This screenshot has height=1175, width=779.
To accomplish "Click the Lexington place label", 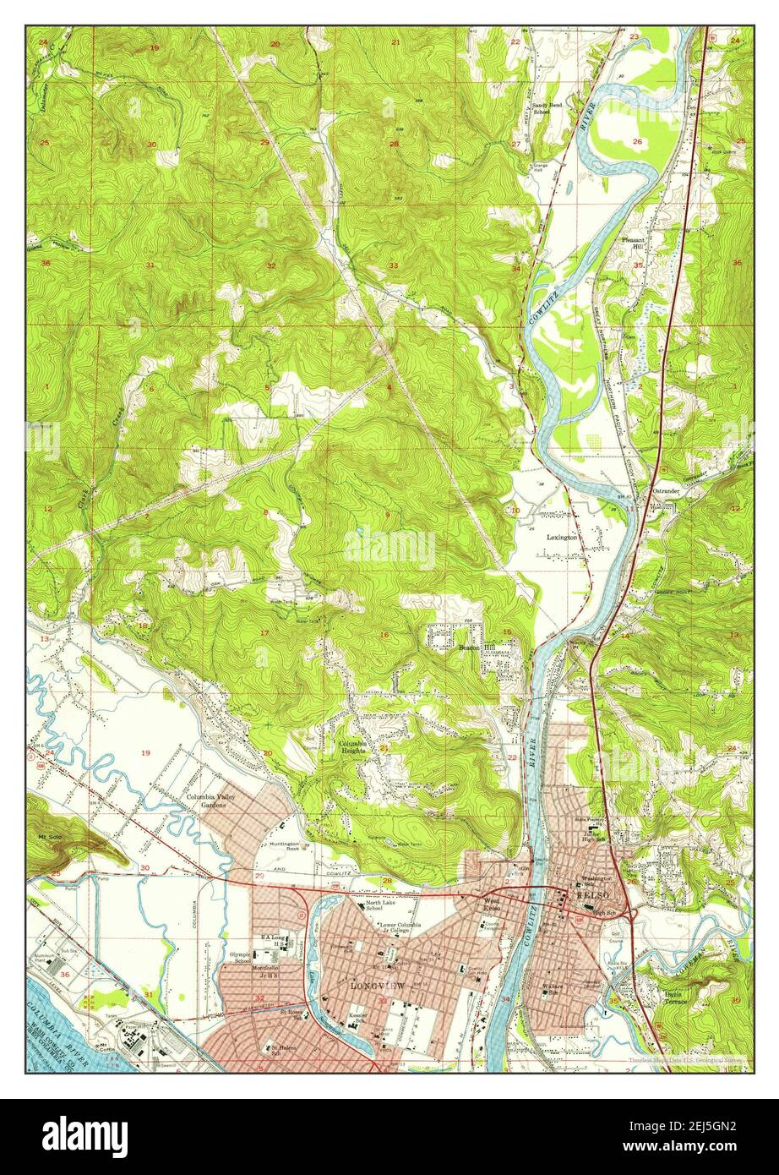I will [562, 537].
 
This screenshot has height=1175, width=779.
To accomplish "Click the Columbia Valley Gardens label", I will [214, 801].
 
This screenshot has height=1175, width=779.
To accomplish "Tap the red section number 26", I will [636, 141].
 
